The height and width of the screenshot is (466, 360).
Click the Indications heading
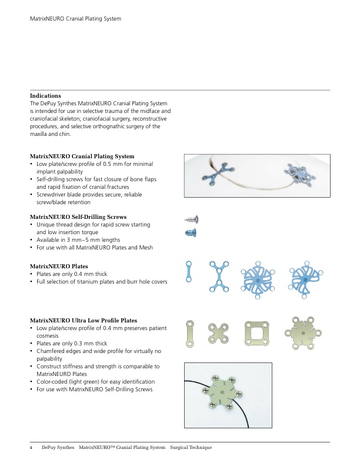[45, 95]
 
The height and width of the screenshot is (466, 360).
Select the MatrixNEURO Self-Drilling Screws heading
[78, 217]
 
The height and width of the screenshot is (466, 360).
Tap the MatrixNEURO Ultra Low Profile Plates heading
[84, 321]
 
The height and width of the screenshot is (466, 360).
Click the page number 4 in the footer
[31, 448]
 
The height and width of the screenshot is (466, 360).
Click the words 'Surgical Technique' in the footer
[191, 448]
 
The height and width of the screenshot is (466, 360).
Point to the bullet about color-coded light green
[95, 382]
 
